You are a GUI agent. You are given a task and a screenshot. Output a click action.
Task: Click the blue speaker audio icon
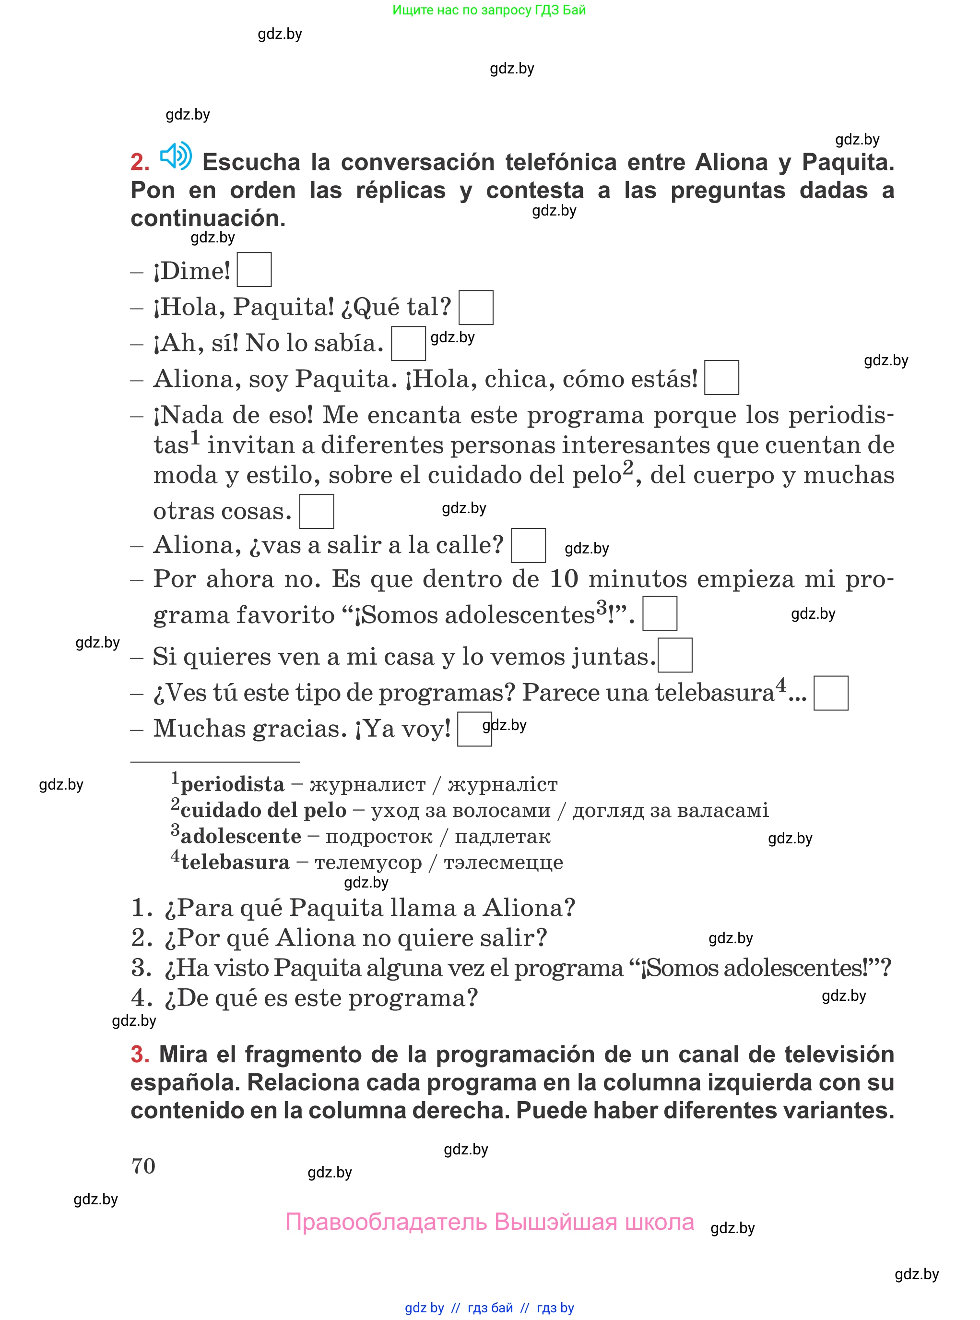[x=176, y=156]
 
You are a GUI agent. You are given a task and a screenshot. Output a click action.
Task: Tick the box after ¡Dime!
[x=254, y=270]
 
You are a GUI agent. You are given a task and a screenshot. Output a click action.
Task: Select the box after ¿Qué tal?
[x=476, y=308]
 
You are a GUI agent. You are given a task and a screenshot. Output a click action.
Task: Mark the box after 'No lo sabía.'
[x=408, y=344]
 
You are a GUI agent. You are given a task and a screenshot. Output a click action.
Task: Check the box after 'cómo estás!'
[x=721, y=377]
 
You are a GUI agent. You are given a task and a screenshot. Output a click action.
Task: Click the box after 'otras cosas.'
[x=316, y=512]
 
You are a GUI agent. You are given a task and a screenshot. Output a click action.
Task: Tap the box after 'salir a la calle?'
[x=528, y=545]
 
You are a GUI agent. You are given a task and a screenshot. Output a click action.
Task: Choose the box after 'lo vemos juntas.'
[x=675, y=655]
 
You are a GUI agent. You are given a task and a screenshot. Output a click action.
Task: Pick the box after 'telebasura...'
[x=830, y=693]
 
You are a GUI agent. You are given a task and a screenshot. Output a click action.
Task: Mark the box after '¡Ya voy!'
[x=474, y=729]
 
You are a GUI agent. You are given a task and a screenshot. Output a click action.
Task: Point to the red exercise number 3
[x=140, y=1055]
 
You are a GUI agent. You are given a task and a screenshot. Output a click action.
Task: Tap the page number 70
[x=143, y=1166]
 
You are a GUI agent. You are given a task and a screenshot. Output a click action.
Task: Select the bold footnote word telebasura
[x=235, y=862]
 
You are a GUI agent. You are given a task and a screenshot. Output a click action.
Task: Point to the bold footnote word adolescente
[x=241, y=836]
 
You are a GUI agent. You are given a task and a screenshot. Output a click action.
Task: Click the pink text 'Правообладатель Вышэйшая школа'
[x=489, y=1222]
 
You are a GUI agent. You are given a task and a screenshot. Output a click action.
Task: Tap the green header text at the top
[x=489, y=10]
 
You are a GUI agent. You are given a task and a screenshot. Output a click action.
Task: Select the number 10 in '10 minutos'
[x=564, y=579]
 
